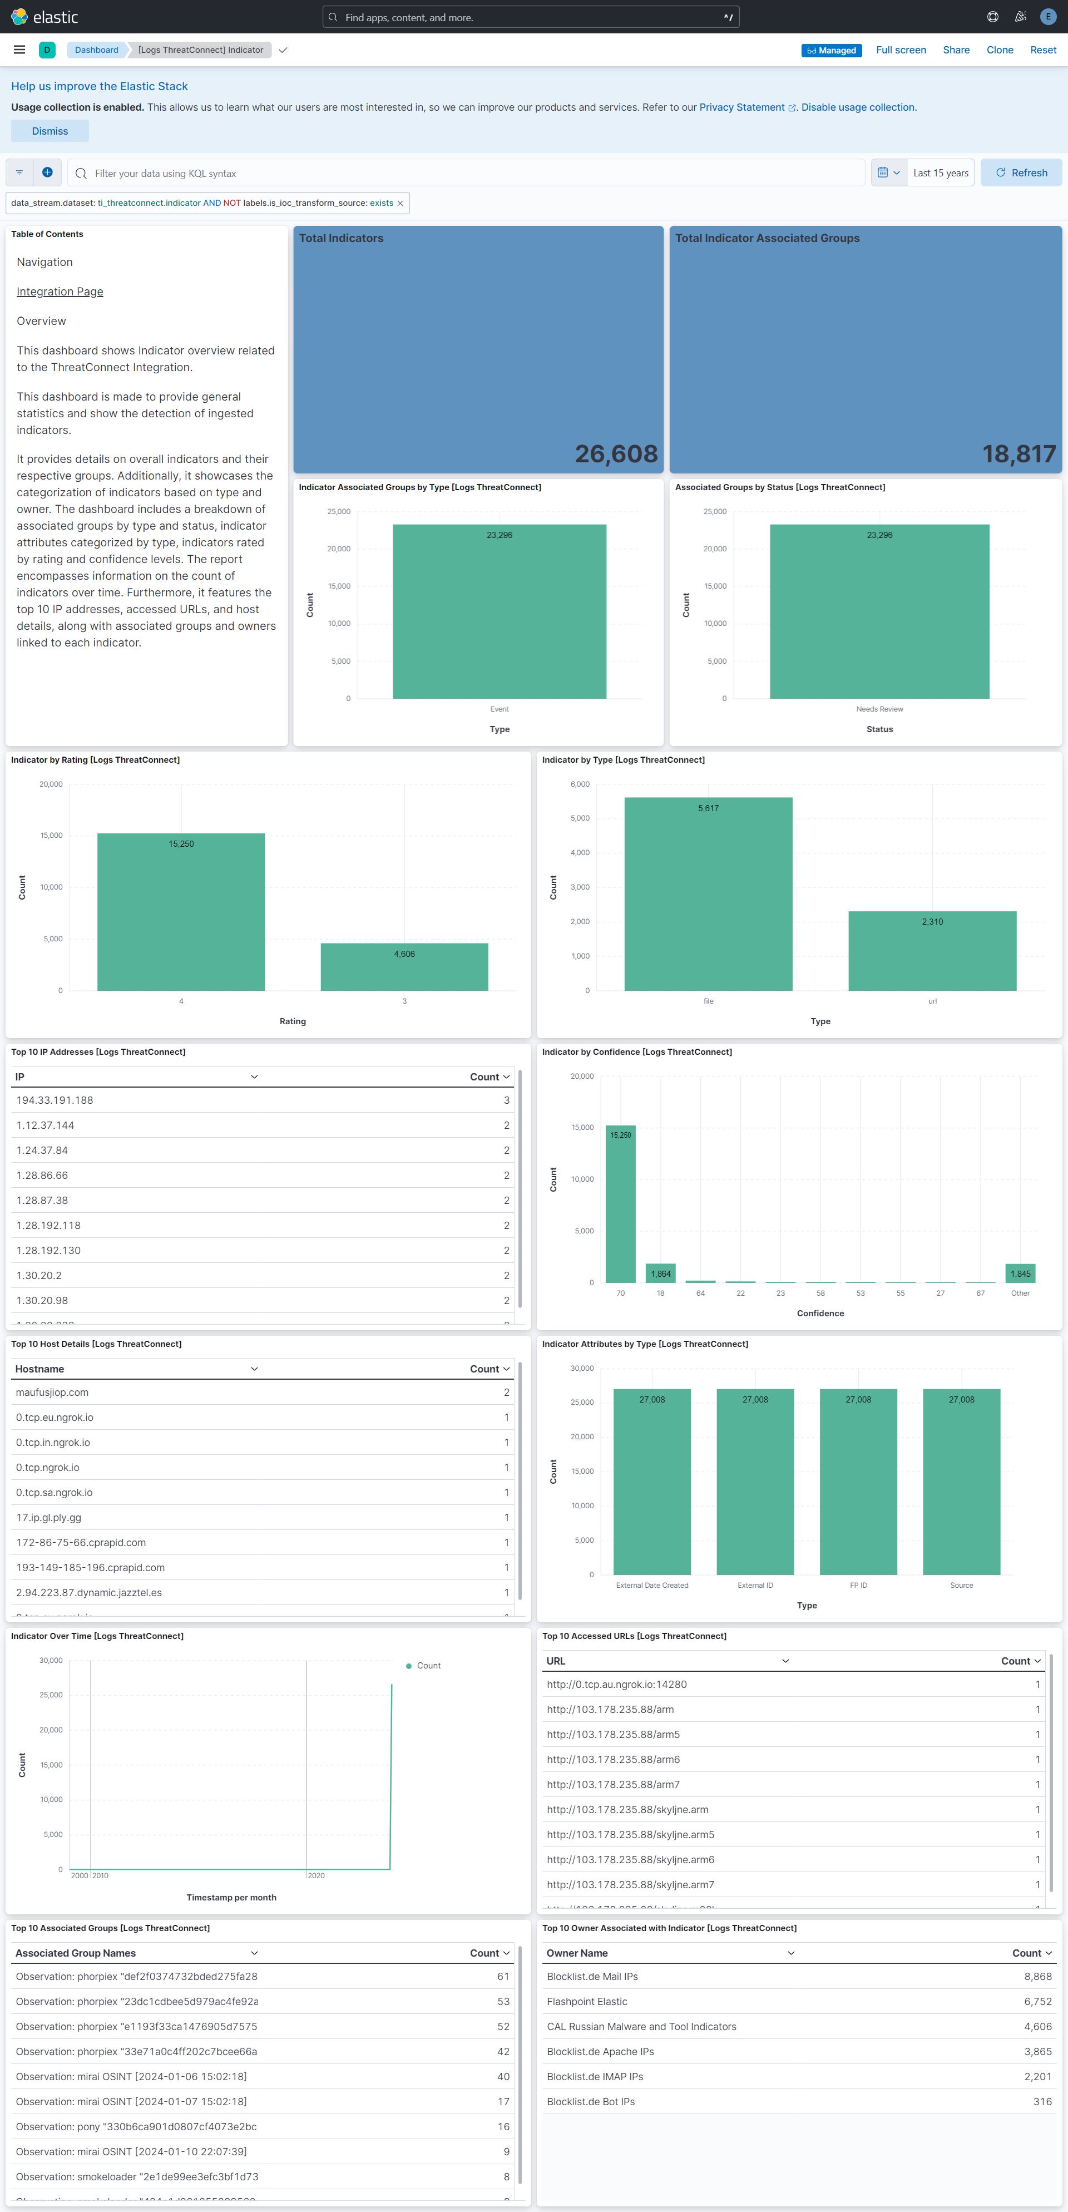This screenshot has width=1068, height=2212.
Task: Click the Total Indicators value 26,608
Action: pyautogui.click(x=616, y=453)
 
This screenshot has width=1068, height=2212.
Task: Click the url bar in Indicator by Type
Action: pyautogui.click(x=932, y=951)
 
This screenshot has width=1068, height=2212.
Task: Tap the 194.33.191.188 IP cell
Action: pyautogui.click(x=55, y=1100)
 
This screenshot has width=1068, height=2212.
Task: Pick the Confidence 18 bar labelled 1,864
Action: pyautogui.click(x=660, y=1272)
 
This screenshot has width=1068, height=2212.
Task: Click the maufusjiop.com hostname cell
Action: pyautogui.click(x=52, y=1392)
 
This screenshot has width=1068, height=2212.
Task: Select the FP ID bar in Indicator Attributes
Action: pyautogui.click(x=858, y=1481)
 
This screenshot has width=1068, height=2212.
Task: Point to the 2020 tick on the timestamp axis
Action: pyautogui.click(x=316, y=1875)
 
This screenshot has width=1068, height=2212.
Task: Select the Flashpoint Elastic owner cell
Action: pyautogui.click(x=587, y=2001)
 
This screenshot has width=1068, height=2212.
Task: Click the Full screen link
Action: pyautogui.click(x=901, y=50)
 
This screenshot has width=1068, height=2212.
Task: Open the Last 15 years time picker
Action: pyautogui.click(x=940, y=172)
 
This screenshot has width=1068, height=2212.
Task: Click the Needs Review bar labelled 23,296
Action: pyautogui.click(x=879, y=611)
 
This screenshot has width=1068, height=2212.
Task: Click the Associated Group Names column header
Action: pyautogui.click(x=76, y=1953)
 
